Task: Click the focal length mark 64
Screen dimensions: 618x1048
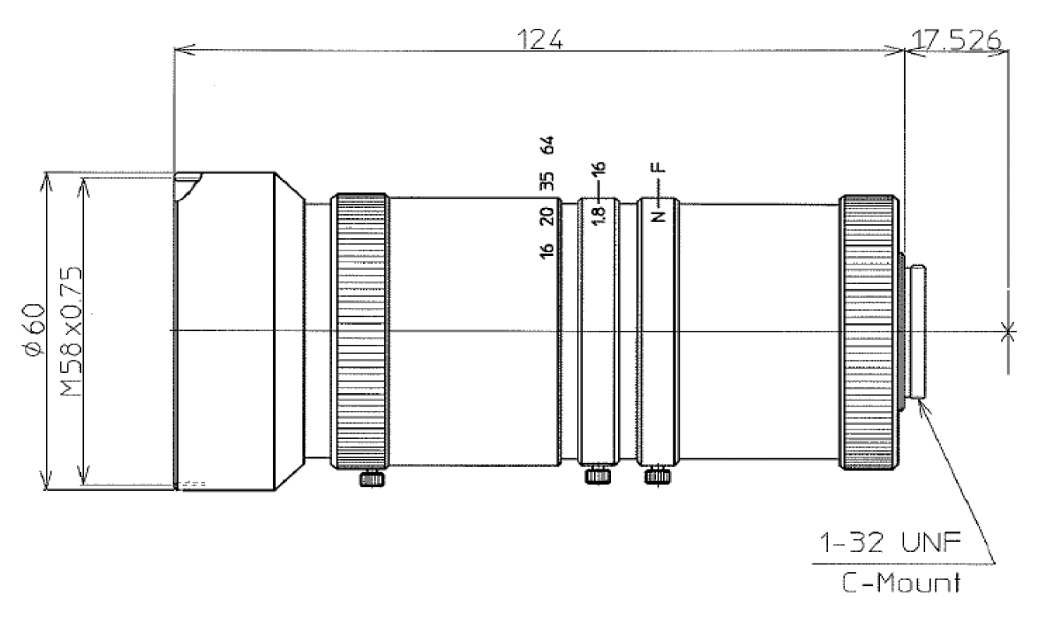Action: pos(547,146)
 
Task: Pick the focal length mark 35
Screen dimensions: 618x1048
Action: pos(547,181)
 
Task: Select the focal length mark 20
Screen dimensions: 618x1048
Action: pos(547,215)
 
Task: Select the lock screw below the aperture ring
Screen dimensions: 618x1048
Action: pos(597,474)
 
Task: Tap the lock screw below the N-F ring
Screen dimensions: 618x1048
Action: pos(657,474)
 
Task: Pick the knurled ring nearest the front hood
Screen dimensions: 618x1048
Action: pos(361,331)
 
